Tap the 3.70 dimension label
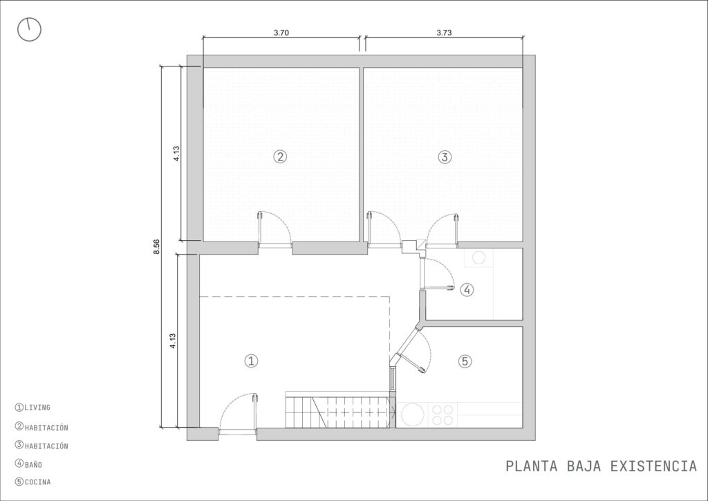[x=281, y=33]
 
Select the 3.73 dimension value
[x=444, y=33]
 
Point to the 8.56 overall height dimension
[x=157, y=246]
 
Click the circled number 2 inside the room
[x=281, y=157]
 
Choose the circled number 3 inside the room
[x=445, y=157]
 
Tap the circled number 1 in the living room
[x=251, y=361]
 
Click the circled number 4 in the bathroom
[x=467, y=289]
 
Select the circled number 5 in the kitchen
[x=465, y=361]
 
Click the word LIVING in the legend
[x=37, y=408]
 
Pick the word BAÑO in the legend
[x=33, y=464]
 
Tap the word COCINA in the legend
[x=38, y=482]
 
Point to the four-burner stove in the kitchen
[x=442, y=415]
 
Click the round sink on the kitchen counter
[x=413, y=415]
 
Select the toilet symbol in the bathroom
[x=478, y=257]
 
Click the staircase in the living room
[x=337, y=410]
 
